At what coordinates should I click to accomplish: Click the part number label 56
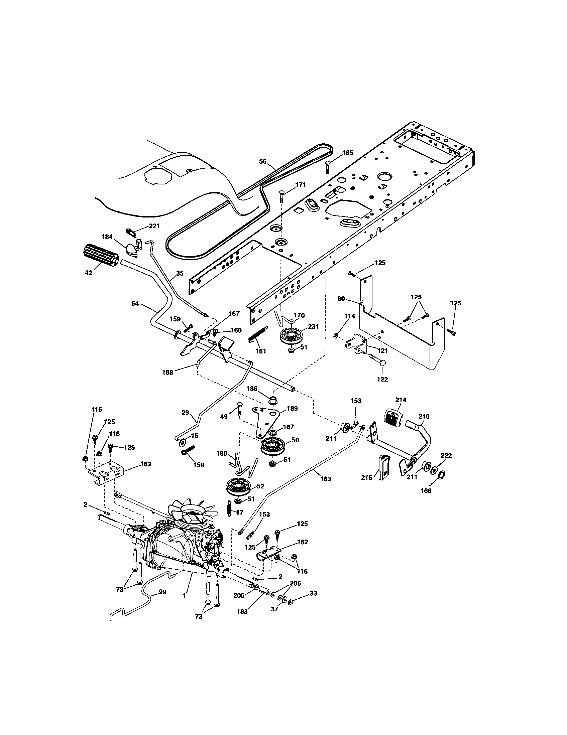point(263,162)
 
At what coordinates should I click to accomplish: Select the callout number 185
point(348,153)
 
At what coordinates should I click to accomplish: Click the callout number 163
point(326,479)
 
